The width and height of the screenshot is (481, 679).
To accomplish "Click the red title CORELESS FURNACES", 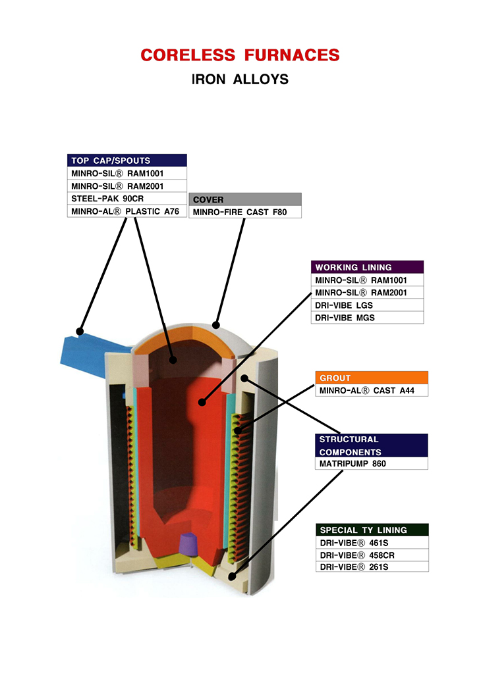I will tap(240, 55).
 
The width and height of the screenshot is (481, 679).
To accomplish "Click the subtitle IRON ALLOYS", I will tap(240, 80).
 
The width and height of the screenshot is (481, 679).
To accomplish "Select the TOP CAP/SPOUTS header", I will tap(127, 161).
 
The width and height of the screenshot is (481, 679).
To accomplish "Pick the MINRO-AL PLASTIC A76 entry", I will tap(127, 211).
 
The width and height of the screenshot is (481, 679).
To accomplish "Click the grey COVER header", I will tap(244, 199).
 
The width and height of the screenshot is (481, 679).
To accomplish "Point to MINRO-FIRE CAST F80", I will tap(244, 212).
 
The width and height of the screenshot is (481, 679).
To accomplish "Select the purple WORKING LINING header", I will tap(367, 267).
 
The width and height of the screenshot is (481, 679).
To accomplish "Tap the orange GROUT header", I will tap(372, 378).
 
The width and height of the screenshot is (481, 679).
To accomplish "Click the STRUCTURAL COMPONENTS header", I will tap(372, 445).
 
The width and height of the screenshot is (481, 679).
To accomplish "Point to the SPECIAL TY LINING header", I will tap(372, 530).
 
